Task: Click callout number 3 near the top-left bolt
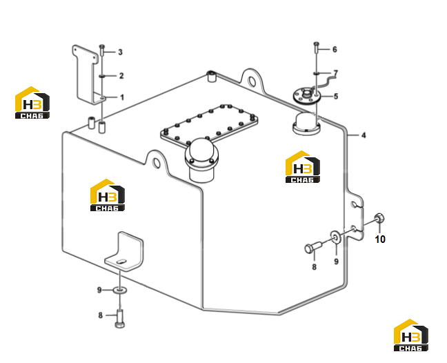[120, 52]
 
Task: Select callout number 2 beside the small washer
[121, 76]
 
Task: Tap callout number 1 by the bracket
[122, 97]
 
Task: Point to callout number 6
[335, 49]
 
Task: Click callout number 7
[335, 73]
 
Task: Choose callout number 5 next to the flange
[336, 97]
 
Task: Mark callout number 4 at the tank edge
[364, 135]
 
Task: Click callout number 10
[380, 239]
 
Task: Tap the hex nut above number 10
[379, 219]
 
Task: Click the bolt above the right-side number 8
[313, 247]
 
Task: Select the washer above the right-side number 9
[336, 237]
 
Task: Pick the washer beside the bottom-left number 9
[120, 291]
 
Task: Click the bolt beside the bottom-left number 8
[120, 319]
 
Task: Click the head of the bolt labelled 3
[102, 46]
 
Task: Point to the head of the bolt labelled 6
[317, 43]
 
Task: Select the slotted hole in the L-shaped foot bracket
[121, 261]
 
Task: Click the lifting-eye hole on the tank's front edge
[157, 163]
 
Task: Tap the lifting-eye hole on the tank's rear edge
[252, 81]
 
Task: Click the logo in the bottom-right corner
[411, 335]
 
